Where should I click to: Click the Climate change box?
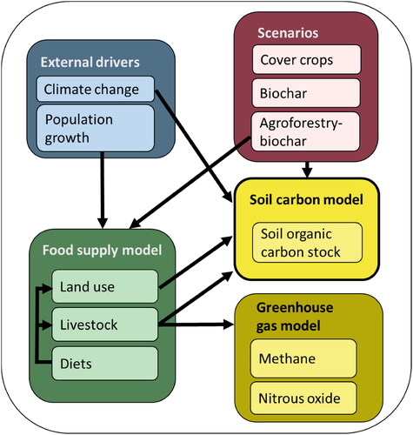point(96,89)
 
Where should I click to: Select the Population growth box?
point(96,128)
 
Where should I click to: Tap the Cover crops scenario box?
point(307,59)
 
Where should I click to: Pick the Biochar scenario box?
point(306,93)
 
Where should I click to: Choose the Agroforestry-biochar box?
point(306,131)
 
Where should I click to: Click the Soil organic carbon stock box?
point(308,243)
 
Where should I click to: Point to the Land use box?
point(105,286)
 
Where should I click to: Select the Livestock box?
point(105,325)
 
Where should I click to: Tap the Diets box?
point(105,364)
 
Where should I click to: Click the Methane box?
point(303,358)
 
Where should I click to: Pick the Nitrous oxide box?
point(303,398)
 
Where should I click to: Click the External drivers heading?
point(90,63)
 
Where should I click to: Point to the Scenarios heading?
point(288,33)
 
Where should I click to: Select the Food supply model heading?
point(102,250)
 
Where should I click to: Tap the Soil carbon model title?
point(306,200)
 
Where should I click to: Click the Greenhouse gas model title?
point(295,317)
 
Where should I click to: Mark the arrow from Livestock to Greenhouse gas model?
point(197,325)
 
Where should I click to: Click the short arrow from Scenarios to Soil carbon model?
point(307,170)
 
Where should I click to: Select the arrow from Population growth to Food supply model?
point(103,190)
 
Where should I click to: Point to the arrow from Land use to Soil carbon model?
point(196,262)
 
